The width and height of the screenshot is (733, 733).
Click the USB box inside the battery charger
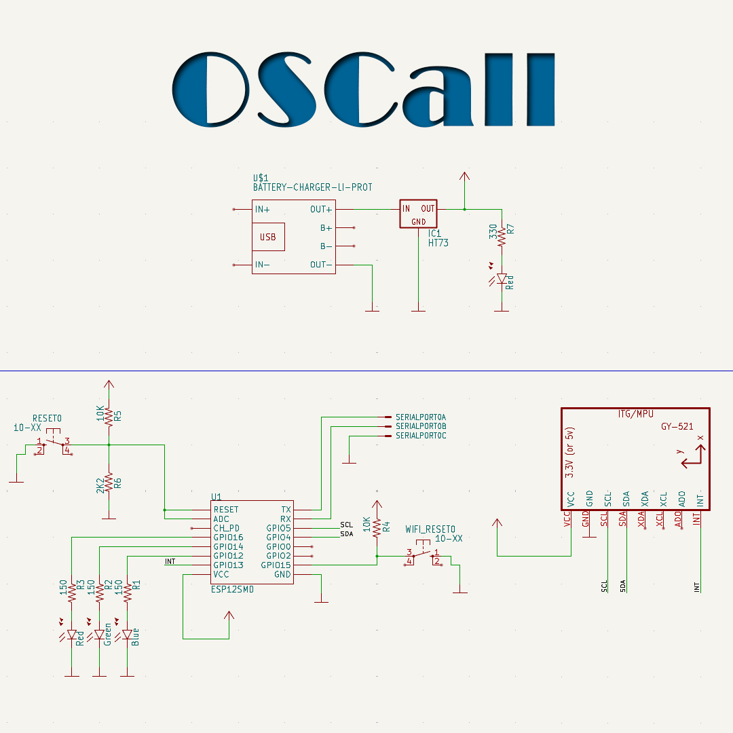coord(268,237)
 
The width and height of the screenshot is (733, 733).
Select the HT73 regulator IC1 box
coord(418,214)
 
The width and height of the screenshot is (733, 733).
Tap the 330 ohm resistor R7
coord(502,238)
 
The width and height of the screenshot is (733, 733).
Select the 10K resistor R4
coord(377,528)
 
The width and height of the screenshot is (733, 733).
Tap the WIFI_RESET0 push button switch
coord(423,555)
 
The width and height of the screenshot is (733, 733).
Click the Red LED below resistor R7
coord(502,278)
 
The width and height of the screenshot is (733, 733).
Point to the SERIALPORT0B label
coord(421,426)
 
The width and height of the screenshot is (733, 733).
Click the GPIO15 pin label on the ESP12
coord(276,565)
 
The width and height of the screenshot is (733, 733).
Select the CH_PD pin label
coord(226,528)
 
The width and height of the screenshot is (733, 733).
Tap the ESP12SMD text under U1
coord(233,590)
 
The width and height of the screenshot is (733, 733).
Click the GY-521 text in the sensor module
coord(677,427)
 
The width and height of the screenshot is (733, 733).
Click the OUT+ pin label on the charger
coord(321,209)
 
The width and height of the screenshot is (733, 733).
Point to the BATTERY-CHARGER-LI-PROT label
coord(312,187)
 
